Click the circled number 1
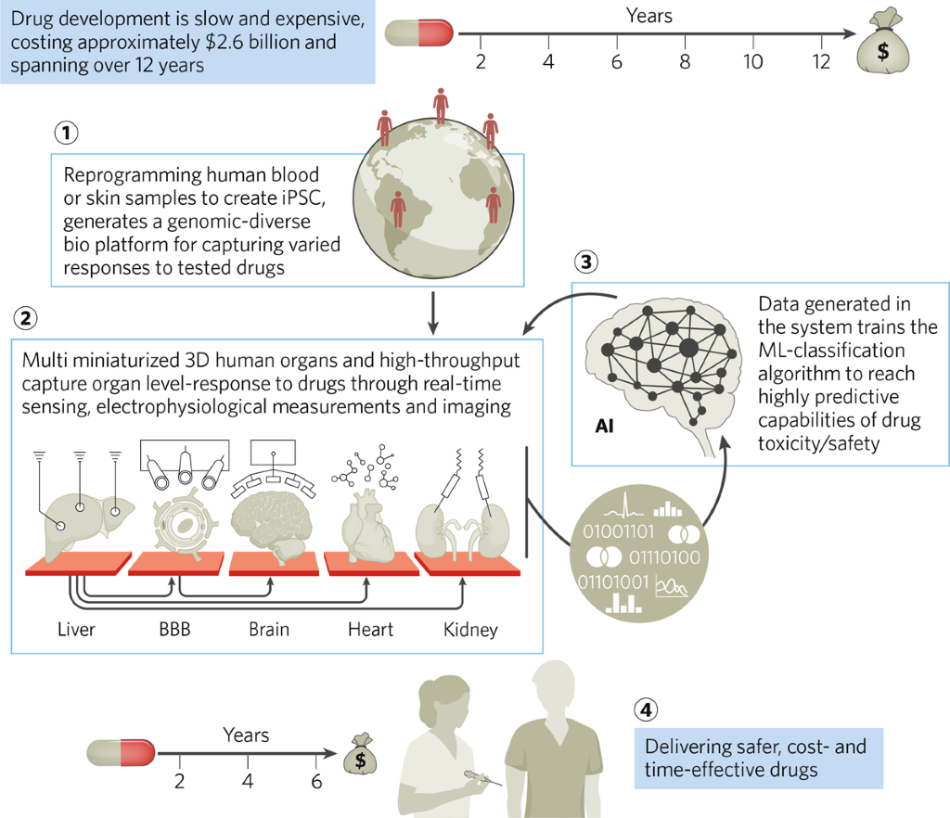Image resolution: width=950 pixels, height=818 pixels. [65, 133]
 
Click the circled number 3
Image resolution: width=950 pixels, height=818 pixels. [585, 262]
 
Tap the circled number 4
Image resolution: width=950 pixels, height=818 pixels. [647, 710]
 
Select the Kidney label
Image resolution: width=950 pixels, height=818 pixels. [469, 629]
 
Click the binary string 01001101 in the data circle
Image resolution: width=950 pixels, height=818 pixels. [618, 531]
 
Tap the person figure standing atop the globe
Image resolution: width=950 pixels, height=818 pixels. [442, 106]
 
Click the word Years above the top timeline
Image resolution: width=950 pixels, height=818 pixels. [649, 15]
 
